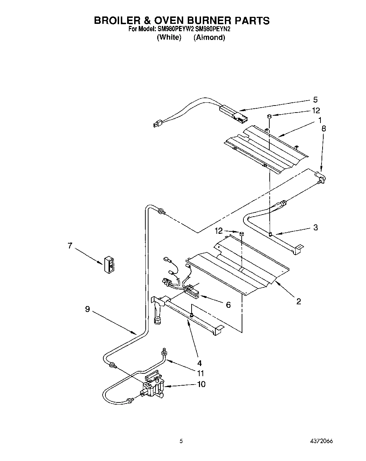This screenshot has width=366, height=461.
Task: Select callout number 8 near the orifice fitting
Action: pyautogui.click(x=323, y=128)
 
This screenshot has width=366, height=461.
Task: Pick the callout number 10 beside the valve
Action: pyautogui.click(x=201, y=384)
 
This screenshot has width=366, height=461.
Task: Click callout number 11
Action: pyautogui.click(x=200, y=374)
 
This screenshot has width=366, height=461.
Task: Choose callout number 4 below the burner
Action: pyautogui.click(x=199, y=363)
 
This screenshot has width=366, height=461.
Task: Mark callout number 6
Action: pyautogui.click(x=228, y=305)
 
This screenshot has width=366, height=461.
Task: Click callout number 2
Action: pyautogui.click(x=298, y=301)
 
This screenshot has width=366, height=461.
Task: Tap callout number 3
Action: pyautogui.click(x=315, y=228)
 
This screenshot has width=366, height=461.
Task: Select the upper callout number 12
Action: pyautogui.click(x=316, y=111)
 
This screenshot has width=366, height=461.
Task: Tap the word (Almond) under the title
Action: pyautogui.click(x=209, y=37)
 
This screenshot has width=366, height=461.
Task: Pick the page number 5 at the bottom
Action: pyautogui.click(x=181, y=441)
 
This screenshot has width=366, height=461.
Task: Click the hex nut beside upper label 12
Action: pyautogui.click(x=269, y=116)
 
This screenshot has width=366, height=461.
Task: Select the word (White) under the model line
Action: pyautogui.click(x=169, y=37)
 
